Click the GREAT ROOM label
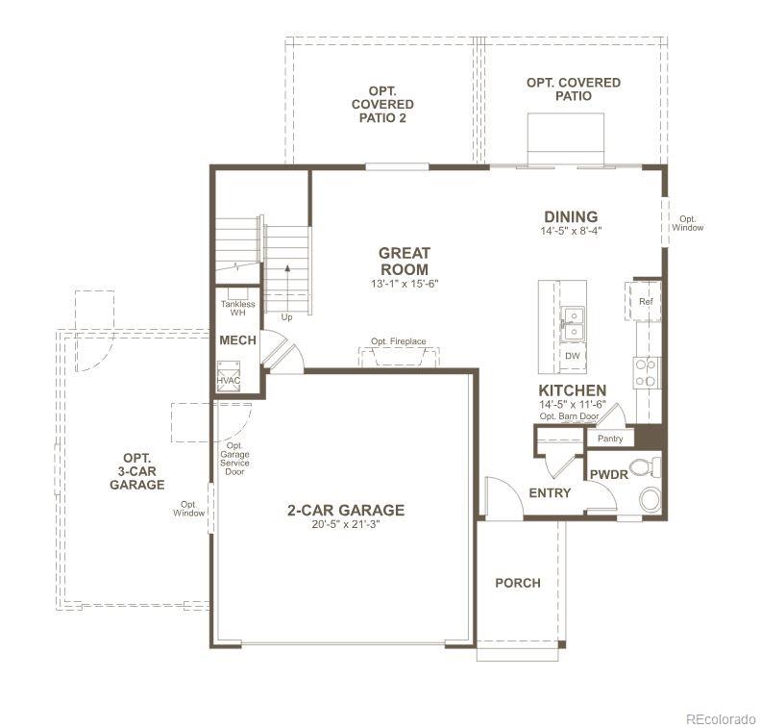404,262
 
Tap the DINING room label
571,217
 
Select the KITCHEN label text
572,390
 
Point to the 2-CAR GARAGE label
346,511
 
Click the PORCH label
517,583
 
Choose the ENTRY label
550,493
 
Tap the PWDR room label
608,475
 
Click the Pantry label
610,439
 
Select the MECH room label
237,340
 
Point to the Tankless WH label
237,308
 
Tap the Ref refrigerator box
646,300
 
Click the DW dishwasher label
573,356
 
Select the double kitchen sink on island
573,323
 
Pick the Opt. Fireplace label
399,341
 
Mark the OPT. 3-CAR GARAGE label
136,472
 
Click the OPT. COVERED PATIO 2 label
382,104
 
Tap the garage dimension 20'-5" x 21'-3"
346,526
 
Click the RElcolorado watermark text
721,717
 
